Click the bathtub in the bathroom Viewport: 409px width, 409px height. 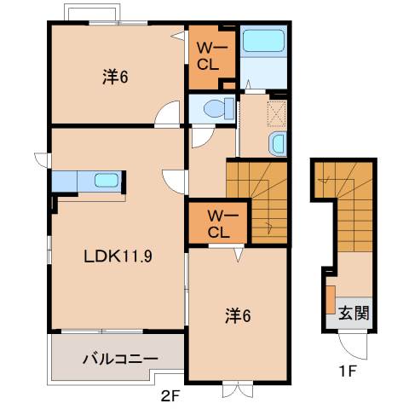[x=263, y=41]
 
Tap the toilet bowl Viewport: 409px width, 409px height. [x=219, y=108]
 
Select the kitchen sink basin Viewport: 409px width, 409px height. [x=107, y=180]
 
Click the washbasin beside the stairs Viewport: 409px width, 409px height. [x=277, y=143]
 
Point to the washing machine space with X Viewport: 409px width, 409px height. [x=276, y=113]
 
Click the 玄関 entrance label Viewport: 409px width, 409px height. [x=354, y=313]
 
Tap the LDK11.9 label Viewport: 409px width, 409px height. [x=118, y=256]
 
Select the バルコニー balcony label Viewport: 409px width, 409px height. [x=120, y=359]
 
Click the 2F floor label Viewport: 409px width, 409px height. [x=170, y=396]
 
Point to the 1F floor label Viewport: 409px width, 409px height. [x=347, y=371]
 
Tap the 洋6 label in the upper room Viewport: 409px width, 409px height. [x=115, y=77]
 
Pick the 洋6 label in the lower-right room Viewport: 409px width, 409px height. [x=238, y=316]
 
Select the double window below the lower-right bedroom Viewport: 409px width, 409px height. [x=238, y=390]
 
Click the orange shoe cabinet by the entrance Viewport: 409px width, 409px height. [x=331, y=300]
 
